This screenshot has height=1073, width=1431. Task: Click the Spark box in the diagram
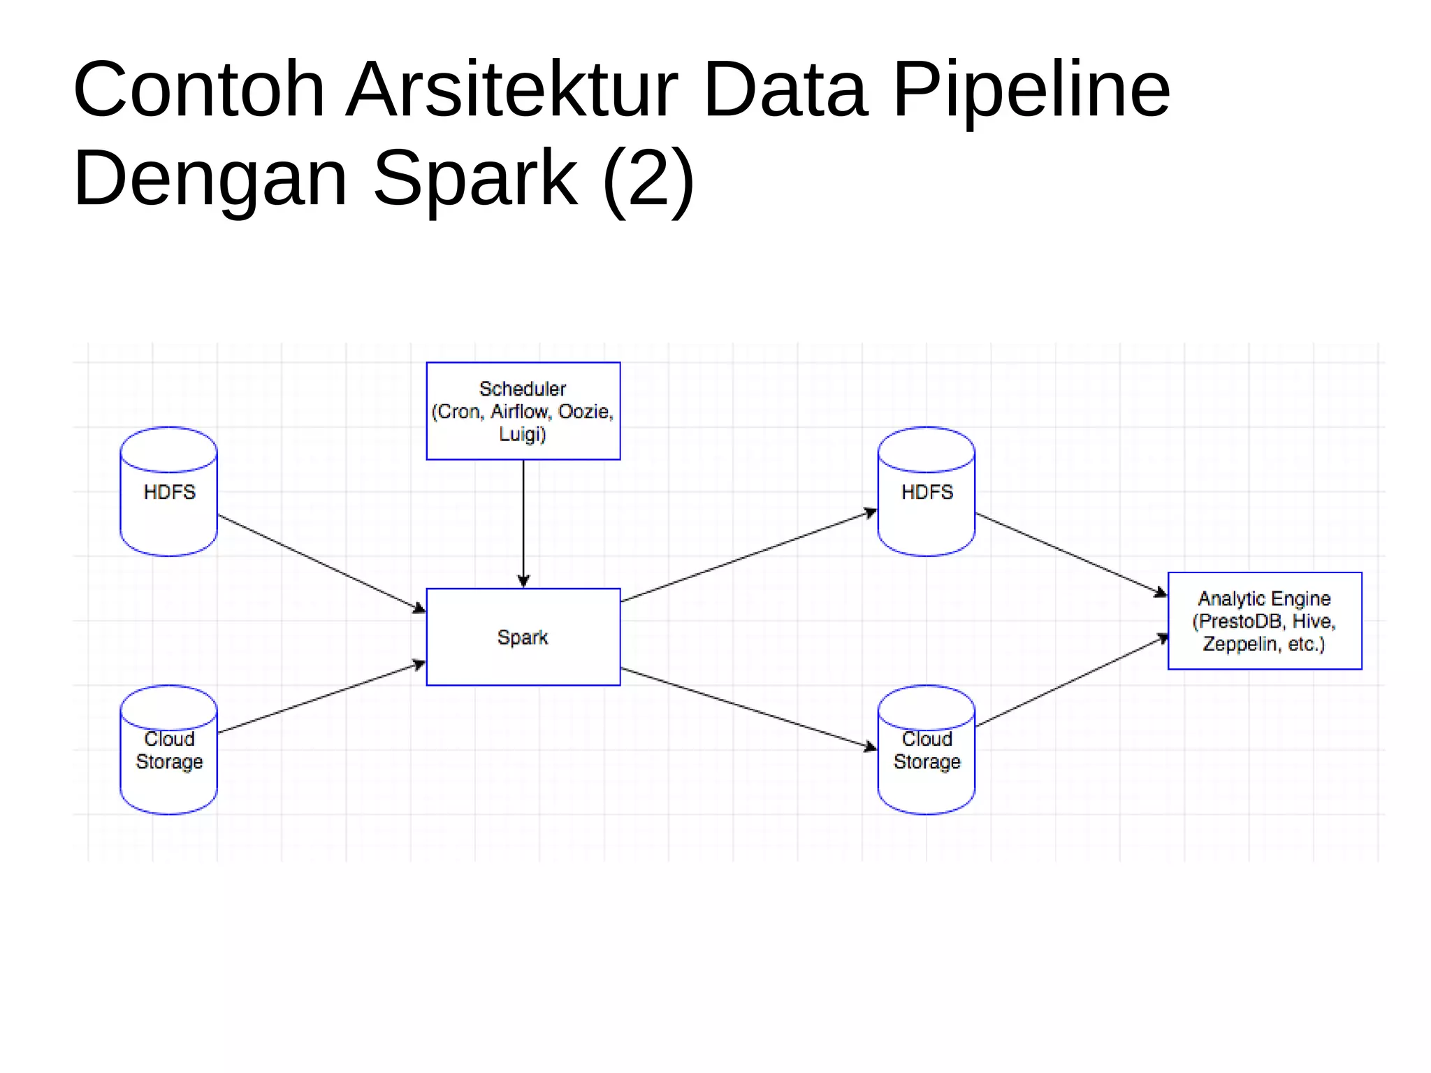click(523, 637)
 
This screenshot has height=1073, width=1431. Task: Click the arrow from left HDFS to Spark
click(321, 563)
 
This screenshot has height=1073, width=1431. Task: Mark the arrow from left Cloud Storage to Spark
click(321, 698)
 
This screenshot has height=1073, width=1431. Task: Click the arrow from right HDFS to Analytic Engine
click(1070, 554)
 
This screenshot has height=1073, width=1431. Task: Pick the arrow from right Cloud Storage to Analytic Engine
click(1070, 682)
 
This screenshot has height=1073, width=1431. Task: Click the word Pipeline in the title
click(1031, 91)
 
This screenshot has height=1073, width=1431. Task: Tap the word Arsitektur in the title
click(511, 91)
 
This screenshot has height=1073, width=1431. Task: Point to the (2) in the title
click(648, 180)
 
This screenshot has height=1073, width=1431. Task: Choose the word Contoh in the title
click(199, 91)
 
